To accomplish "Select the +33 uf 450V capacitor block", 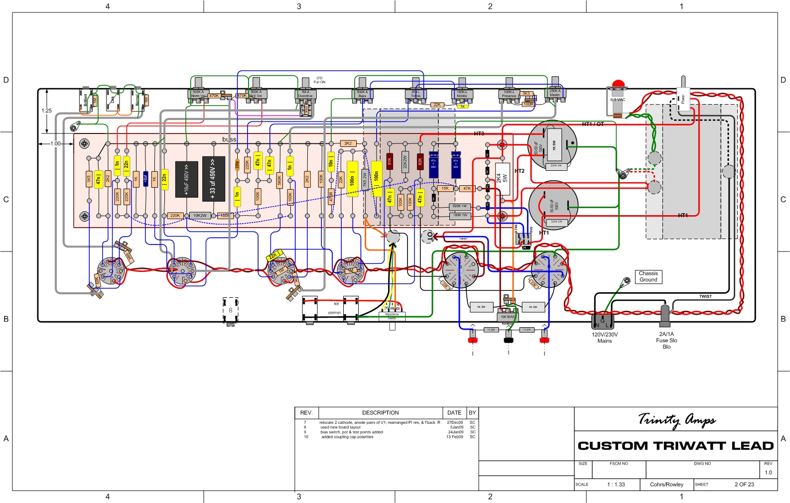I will click(213, 179).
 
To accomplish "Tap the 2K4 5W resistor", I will click(502, 178).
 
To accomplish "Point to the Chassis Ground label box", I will click(648, 276).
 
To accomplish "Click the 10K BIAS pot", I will click(507, 316).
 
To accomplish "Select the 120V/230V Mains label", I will click(604, 338).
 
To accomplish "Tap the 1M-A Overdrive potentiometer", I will click(305, 94).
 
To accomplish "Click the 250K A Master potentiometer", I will click(555, 93).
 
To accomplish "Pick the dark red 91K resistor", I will click(390, 161).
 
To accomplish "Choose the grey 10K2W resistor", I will click(200, 216).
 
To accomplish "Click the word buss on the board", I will click(229, 139).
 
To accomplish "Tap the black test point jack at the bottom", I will click(509, 340).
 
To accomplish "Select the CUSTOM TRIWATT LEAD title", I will click(675, 446).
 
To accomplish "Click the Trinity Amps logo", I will click(676, 420).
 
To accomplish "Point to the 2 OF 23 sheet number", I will click(744, 484).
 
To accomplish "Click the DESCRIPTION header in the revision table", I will click(380, 413).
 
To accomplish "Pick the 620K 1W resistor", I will click(459, 206).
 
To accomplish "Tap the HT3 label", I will click(479, 133).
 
